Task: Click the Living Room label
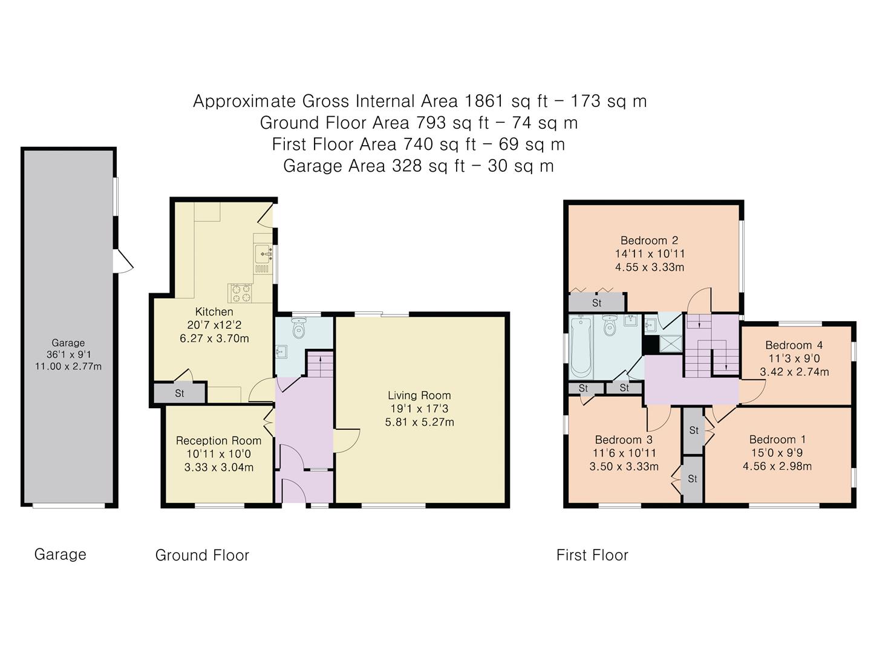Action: tap(419, 395)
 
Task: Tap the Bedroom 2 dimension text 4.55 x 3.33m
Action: tap(649, 267)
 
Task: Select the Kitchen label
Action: tap(214, 312)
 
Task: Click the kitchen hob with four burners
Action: tap(240, 293)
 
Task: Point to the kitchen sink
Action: tap(264, 250)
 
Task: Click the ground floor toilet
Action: tap(298, 329)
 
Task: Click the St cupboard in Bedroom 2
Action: tap(596, 302)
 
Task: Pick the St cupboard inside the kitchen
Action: tap(179, 394)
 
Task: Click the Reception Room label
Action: tap(218, 441)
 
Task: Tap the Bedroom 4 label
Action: tap(794, 345)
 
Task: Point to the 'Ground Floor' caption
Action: tap(202, 555)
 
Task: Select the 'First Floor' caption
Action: tap(592, 555)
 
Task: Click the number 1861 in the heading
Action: tap(484, 101)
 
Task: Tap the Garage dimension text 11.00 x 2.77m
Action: tap(68, 366)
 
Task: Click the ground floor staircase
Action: tap(320, 365)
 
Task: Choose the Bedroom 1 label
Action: tap(777, 440)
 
